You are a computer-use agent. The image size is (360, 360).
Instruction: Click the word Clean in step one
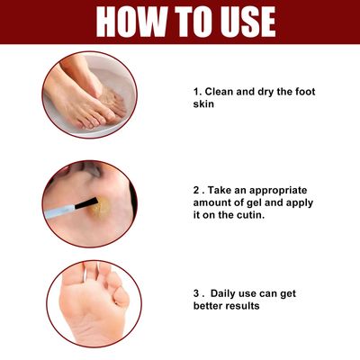[x=224, y=92]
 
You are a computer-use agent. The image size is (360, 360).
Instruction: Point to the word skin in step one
[x=206, y=105]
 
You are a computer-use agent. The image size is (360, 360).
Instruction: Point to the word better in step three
[x=207, y=306]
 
